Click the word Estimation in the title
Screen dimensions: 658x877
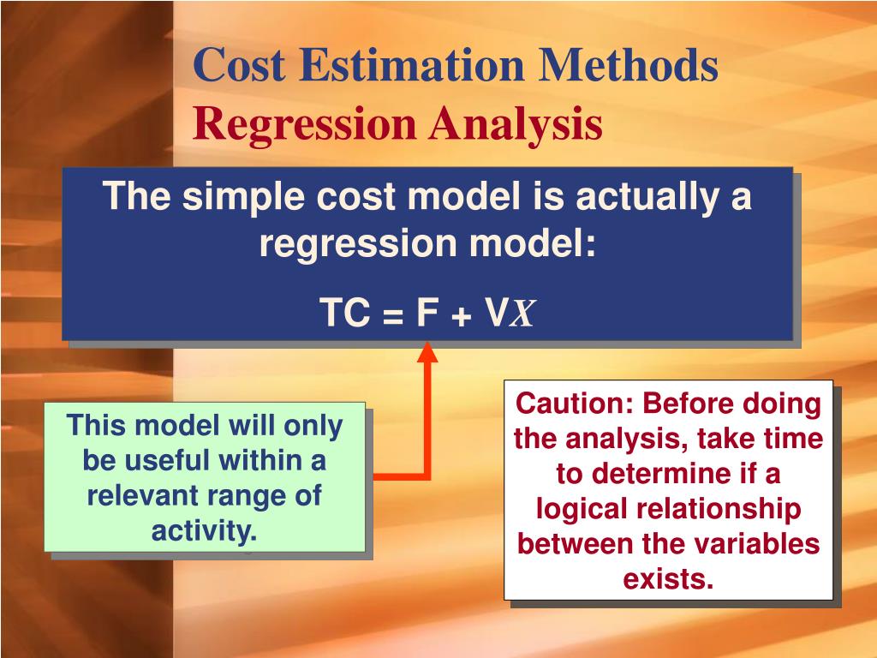click(402, 67)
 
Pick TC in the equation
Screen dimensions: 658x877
click(344, 314)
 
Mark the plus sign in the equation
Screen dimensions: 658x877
click(462, 316)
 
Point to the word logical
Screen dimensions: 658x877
click(584, 509)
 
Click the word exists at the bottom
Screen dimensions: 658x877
click(668, 579)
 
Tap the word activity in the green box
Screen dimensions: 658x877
click(205, 530)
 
